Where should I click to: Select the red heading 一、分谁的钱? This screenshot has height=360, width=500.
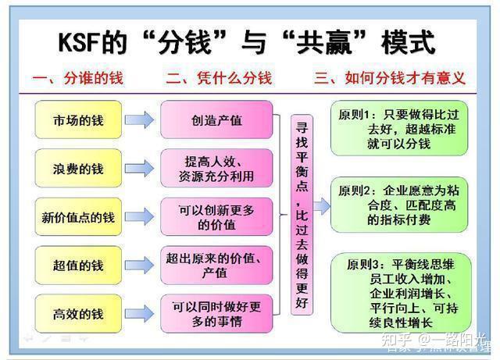[x=78, y=79]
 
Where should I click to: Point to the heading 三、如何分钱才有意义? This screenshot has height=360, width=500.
[x=389, y=79]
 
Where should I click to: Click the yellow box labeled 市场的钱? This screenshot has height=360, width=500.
[x=77, y=121]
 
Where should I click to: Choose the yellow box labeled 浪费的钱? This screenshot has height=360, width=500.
[x=77, y=169]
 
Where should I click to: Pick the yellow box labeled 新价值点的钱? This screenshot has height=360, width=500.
[x=77, y=218]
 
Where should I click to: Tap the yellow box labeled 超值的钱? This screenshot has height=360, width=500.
[x=77, y=266]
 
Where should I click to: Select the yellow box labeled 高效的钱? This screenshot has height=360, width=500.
[x=77, y=314]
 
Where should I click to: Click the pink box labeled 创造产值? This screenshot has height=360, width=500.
[x=216, y=120]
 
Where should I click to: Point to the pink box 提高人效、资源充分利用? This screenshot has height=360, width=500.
[x=216, y=169]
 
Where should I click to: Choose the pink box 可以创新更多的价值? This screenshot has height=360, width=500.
[x=216, y=217]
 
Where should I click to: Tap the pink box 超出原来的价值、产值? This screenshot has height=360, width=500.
[x=216, y=266]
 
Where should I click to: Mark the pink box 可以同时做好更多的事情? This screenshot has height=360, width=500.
[x=216, y=313]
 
